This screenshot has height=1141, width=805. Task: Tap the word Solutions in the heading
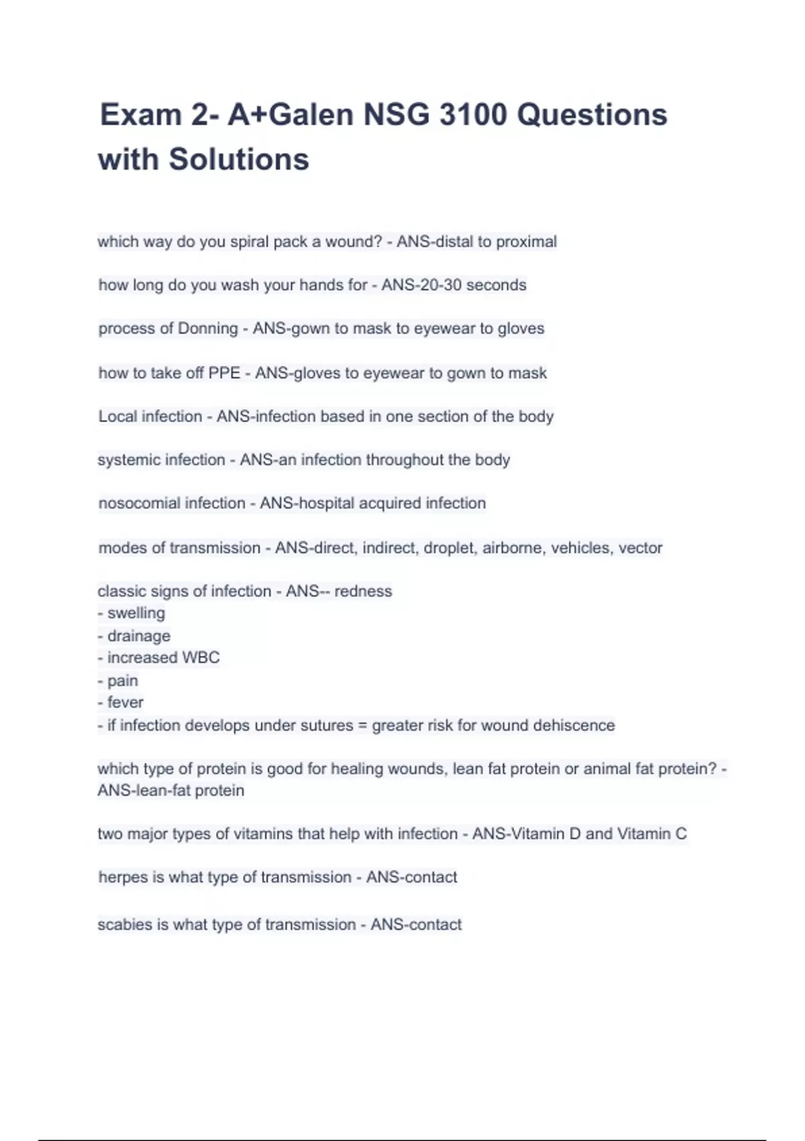[x=239, y=160]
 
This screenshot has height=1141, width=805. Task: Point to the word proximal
[x=526, y=242]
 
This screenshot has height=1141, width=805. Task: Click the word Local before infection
[x=119, y=417]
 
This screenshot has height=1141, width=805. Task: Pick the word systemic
[x=127, y=460]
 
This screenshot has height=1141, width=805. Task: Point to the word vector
[x=640, y=548]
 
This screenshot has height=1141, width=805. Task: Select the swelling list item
[x=136, y=613]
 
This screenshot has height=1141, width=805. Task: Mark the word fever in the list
[x=125, y=703]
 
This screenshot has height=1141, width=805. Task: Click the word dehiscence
[x=574, y=726]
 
